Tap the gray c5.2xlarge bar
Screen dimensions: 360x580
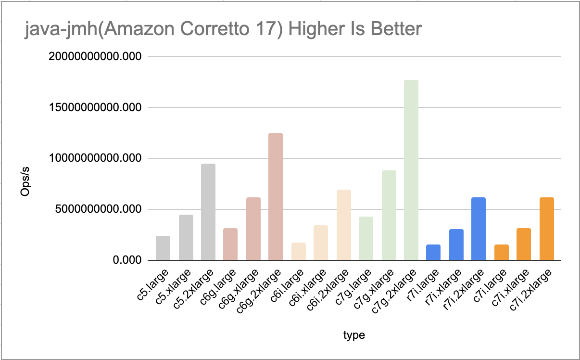click(x=208, y=212)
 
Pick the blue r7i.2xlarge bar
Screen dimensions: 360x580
click(x=479, y=229)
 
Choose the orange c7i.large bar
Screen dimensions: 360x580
click(x=501, y=252)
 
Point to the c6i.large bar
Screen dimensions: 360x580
click(x=298, y=251)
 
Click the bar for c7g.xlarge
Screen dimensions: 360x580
click(x=389, y=215)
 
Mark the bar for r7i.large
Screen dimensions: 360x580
click(x=433, y=252)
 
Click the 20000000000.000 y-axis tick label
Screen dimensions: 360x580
click(x=95, y=56)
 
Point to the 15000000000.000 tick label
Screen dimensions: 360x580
click(x=95, y=107)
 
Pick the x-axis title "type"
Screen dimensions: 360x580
click(x=354, y=335)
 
